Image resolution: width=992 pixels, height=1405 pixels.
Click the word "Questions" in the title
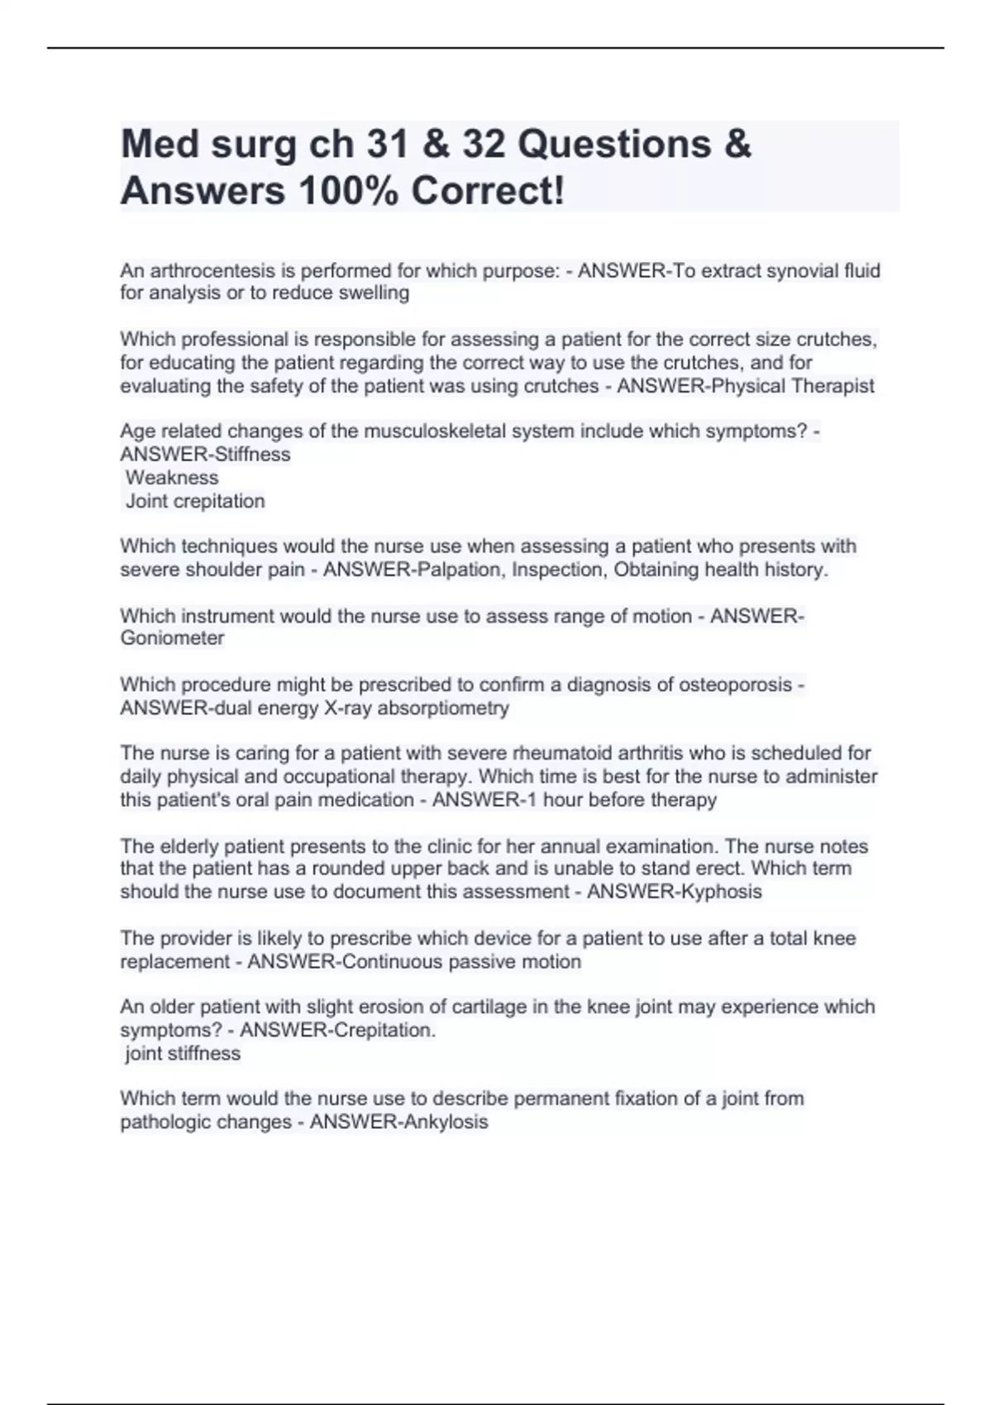click(x=614, y=145)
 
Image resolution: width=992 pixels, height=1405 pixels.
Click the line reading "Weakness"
click(x=172, y=478)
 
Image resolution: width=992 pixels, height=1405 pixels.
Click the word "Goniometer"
click(x=172, y=638)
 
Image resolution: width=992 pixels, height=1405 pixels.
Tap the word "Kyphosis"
click(x=718, y=892)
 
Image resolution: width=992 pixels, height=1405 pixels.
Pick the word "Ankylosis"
click(x=444, y=1122)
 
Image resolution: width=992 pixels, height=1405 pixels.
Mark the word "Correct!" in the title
click(x=488, y=192)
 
